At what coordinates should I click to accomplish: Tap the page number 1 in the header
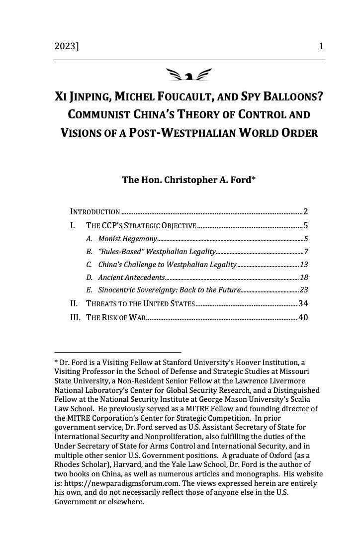pyautogui.click(x=322, y=47)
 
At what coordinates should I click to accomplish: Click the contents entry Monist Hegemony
pyautogui.click(x=128, y=238)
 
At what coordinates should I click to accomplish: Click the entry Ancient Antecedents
pyautogui.click(x=131, y=277)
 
